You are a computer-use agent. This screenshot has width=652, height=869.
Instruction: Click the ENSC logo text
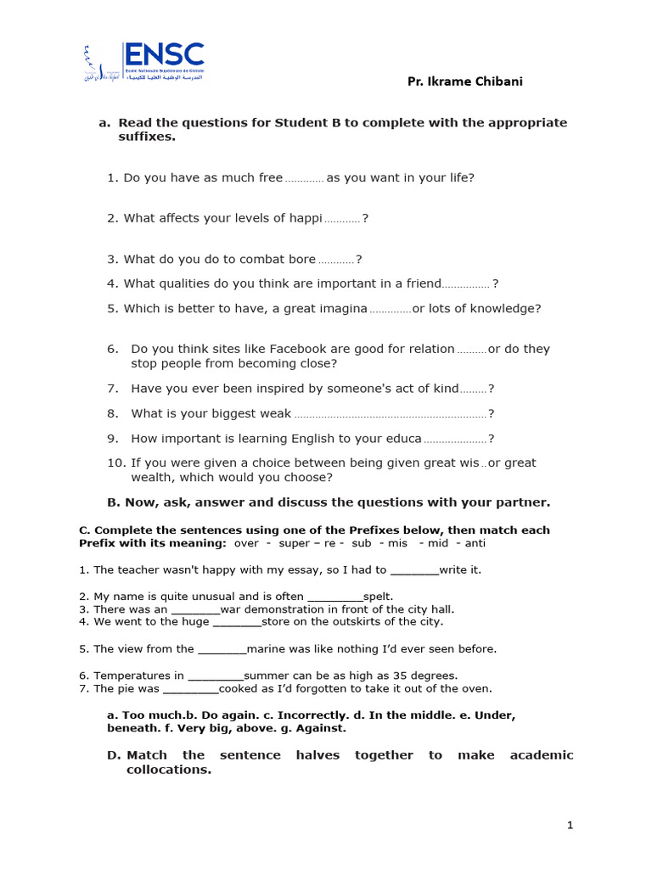tap(164, 56)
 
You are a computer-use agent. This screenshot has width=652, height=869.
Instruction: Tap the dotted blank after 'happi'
tap(342, 220)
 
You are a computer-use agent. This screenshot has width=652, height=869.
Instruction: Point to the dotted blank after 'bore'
tap(336, 261)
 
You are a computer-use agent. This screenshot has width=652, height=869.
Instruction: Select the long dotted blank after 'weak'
tap(390, 415)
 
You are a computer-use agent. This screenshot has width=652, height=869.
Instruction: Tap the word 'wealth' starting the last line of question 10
tap(151, 478)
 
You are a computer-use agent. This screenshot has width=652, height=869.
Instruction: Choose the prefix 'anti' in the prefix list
tap(475, 543)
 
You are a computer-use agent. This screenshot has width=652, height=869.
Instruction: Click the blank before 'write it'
tap(414, 570)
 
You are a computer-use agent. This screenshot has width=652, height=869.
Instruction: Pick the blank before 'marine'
tap(222, 649)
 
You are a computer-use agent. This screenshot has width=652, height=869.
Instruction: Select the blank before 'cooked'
tap(190, 689)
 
